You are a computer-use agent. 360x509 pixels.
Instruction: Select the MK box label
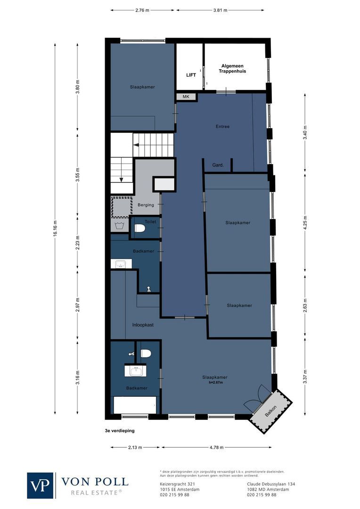pyautogui.click(x=186, y=97)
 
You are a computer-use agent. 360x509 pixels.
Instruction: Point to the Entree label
pyautogui.click(x=222, y=126)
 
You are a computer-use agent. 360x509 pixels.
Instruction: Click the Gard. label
pyautogui.click(x=218, y=165)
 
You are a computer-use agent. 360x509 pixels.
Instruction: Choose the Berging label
pyautogui.click(x=146, y=205)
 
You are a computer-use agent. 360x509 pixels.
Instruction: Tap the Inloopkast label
pyautogui.click(x=143, y=325)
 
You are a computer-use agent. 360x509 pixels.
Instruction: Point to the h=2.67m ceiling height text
pyautogui.click(x=215, y=382)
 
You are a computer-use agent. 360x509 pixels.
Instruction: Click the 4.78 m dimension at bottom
pyautogui.click(x=216, y=447)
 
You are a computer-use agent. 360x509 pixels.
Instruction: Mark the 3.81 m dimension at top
pyautogui.click(x=220, y=9)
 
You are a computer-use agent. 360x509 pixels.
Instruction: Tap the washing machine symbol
pyautogui.click(x=120, y=225)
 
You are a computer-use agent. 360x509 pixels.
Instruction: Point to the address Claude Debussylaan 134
pyautogui.click(x=271, y=484)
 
